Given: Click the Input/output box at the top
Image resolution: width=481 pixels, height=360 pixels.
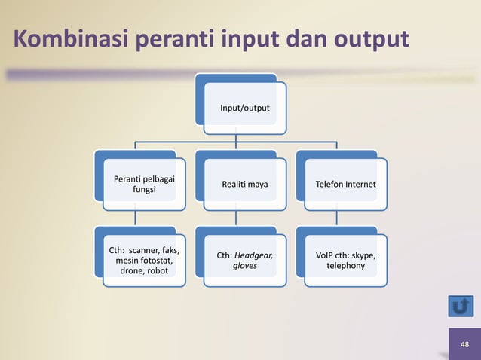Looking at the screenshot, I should pos(244,108).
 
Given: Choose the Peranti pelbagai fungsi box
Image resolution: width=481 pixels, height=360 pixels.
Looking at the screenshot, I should pos(139,184).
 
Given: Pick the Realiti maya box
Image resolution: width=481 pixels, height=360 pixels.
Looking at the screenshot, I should pos(244,184).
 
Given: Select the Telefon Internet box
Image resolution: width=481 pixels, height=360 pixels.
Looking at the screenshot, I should pos(346,184).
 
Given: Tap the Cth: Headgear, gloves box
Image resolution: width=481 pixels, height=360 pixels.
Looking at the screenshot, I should pos(244,261).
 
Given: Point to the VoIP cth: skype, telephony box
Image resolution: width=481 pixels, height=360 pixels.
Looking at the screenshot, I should pos(346,261).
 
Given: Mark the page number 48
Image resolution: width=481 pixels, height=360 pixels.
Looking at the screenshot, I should pos(464,344).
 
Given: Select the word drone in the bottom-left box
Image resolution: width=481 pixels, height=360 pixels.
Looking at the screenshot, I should pos(124,271).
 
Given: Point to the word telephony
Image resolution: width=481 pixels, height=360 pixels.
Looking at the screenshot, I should pos(345,267).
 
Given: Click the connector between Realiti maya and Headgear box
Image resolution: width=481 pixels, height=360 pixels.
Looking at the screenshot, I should pos(236,217).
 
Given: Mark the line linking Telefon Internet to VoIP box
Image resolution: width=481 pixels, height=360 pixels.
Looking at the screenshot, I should pos(337,217).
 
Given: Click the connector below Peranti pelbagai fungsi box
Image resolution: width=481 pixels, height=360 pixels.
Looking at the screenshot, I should pos(135,217).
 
